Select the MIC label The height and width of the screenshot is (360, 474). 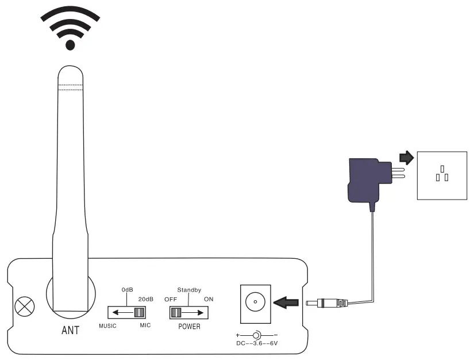(144, 326)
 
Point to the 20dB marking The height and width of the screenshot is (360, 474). (146, 299)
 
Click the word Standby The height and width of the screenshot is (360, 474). (189, 290)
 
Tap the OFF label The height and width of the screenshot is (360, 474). (171, 299)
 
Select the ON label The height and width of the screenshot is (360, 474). (209, 299)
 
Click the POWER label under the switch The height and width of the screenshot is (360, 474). (189, 326)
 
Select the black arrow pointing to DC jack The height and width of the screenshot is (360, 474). (286, 301)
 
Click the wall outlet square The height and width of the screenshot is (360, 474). (441, 175)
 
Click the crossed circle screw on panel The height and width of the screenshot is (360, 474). (24, 306)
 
